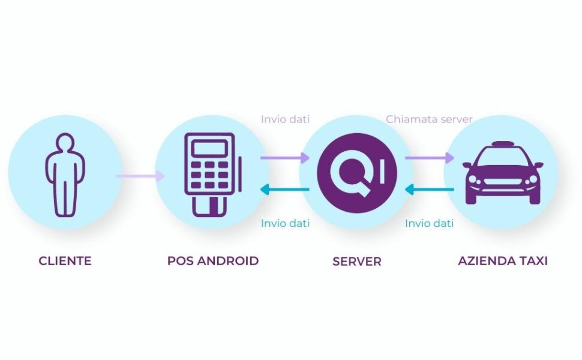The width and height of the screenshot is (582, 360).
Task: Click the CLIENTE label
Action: click(65, 261)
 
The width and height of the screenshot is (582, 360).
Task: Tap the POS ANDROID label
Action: click(213, 261)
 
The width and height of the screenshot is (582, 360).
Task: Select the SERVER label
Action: click(357, 261)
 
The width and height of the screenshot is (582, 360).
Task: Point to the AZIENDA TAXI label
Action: click(503, 261)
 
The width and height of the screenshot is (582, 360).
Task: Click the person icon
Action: click(65, 175)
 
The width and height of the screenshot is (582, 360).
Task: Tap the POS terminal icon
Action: click(213, 175)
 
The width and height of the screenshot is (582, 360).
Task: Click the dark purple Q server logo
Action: click(357, 173)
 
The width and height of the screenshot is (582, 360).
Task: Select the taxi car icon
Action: click(503, 173)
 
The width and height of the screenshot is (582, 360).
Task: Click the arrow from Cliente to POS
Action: click(140, 176)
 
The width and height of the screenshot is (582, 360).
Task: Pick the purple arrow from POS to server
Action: click(284, 158)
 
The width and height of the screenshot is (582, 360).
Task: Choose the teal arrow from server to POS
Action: click(284, 190)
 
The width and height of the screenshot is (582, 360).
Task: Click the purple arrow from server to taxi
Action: click(430, 158)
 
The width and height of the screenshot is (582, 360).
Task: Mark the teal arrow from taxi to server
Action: click(430, 190)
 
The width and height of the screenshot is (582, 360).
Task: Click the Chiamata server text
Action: click(429, 119)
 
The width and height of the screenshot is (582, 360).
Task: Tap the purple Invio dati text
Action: click(285, 119)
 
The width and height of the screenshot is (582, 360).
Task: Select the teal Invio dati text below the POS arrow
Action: click(285, 223)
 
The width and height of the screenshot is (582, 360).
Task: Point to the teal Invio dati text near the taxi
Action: click(430, 223)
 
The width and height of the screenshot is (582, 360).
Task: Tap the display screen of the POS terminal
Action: click(210, 148)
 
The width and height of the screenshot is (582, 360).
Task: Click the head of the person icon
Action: click(65, 143)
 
